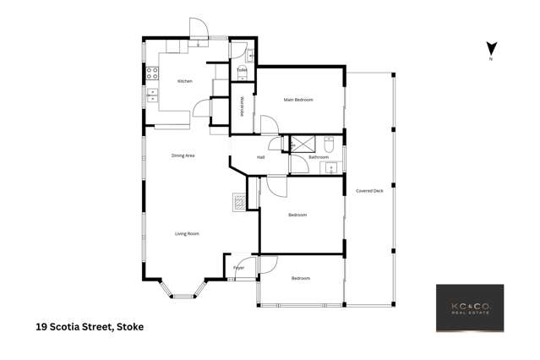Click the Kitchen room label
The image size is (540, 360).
click(x=184, y=81)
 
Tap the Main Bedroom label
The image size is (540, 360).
click(x=298, y=101)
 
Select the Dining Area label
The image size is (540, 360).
click(x=183, y=155)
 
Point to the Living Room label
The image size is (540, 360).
click(x=187, y=233)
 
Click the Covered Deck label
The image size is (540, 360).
click(x=370, y=191)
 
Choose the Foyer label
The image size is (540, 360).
click(x=239, y=268)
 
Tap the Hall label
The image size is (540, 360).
click(x=261, y=156)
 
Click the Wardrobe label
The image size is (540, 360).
click(x=243, y=111)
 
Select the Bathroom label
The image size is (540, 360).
click(x=318, y=157)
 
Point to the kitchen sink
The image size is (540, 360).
click(x=152, y=95)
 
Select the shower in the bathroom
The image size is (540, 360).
click(x=302, y=143)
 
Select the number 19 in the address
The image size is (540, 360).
click(x=41, y=325)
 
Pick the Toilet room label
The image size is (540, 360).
click(x=241, y=69)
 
